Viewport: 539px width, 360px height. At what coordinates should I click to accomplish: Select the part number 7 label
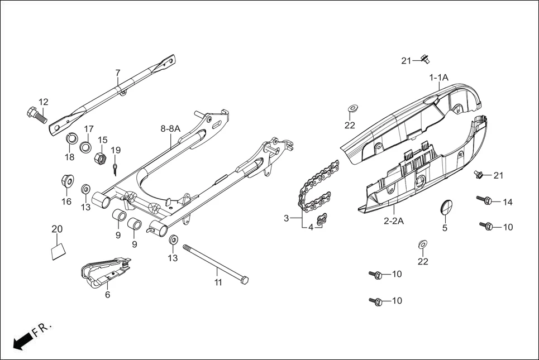coord(118,73)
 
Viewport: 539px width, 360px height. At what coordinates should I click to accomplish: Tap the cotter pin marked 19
coord(114,167)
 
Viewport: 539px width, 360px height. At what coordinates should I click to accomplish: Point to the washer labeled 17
coord(86,147)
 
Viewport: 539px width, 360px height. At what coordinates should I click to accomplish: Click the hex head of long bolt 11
coord(244,280)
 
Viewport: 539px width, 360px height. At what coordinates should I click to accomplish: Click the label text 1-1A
coord(438,78)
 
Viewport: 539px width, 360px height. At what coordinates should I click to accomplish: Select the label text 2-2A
coord(394,220)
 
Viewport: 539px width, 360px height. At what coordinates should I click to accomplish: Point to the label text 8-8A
coord(170,128)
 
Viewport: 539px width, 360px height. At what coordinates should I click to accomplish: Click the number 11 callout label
coord(218,282)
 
